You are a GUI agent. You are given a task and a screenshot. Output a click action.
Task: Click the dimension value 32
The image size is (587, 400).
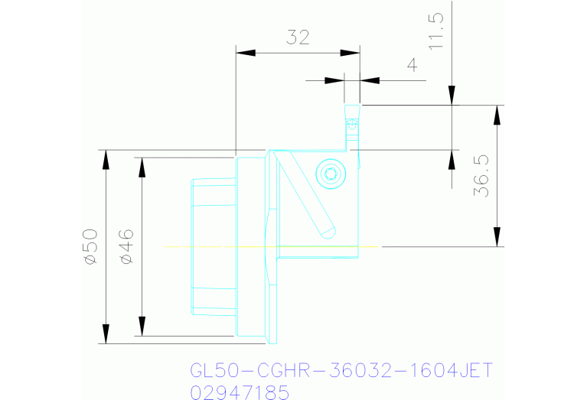298,37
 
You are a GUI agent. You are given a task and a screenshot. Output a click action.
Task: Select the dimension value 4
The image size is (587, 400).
412,65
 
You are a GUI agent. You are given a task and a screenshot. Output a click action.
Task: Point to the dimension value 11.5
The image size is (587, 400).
436,31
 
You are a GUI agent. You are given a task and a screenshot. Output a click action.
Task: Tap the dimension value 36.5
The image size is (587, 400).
481,176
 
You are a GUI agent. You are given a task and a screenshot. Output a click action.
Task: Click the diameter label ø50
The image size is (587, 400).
90,246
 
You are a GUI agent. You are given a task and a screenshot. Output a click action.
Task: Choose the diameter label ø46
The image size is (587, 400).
127,246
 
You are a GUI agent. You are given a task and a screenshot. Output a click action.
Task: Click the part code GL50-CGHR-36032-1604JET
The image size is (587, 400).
341,371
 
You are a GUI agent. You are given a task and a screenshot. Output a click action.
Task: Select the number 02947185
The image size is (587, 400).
240,392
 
